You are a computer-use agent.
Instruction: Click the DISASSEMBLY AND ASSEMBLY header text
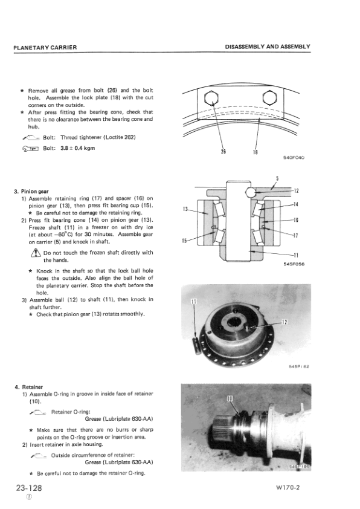coord(267,47)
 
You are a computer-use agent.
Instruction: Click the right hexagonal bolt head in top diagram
coord(269,99)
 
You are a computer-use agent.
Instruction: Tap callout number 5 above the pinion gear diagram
coord(277,178)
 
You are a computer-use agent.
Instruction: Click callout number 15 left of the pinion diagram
coord(184,242)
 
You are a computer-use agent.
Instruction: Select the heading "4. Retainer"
coord(30,387)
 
